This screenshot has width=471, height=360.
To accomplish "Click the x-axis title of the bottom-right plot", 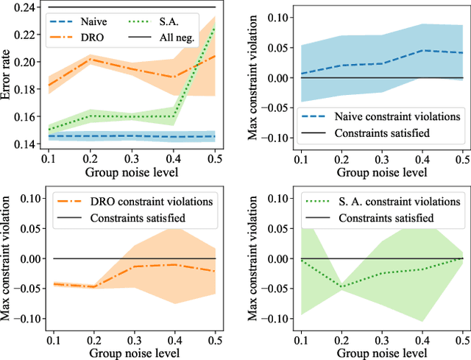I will click(380, 351).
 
